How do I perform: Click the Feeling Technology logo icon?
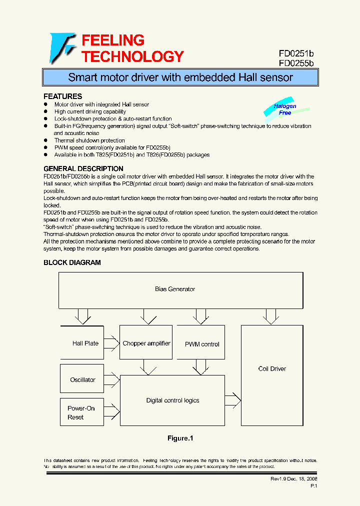(x=62, y=48)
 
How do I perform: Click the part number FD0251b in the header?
(x=296, y=53)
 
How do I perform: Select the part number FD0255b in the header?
(x=296, y=63)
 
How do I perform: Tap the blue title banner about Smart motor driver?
(x=180, y=77)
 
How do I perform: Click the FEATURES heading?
(x=62, y=96)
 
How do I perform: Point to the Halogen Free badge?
(x=285, y=109)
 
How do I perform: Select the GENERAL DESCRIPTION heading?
(x=83, y=168)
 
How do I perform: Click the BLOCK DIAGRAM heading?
(x=72, y=262)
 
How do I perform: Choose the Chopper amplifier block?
(x=146, y=343)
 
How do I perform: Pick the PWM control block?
(x=202, y=344)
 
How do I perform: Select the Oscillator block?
(x=82, y=379)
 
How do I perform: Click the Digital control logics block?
(x=172, y=400)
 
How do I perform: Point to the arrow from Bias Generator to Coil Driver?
(x=271, y=316)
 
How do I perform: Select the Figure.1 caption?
(x=180, y=438)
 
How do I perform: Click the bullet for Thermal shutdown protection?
(x=46, y=140)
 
